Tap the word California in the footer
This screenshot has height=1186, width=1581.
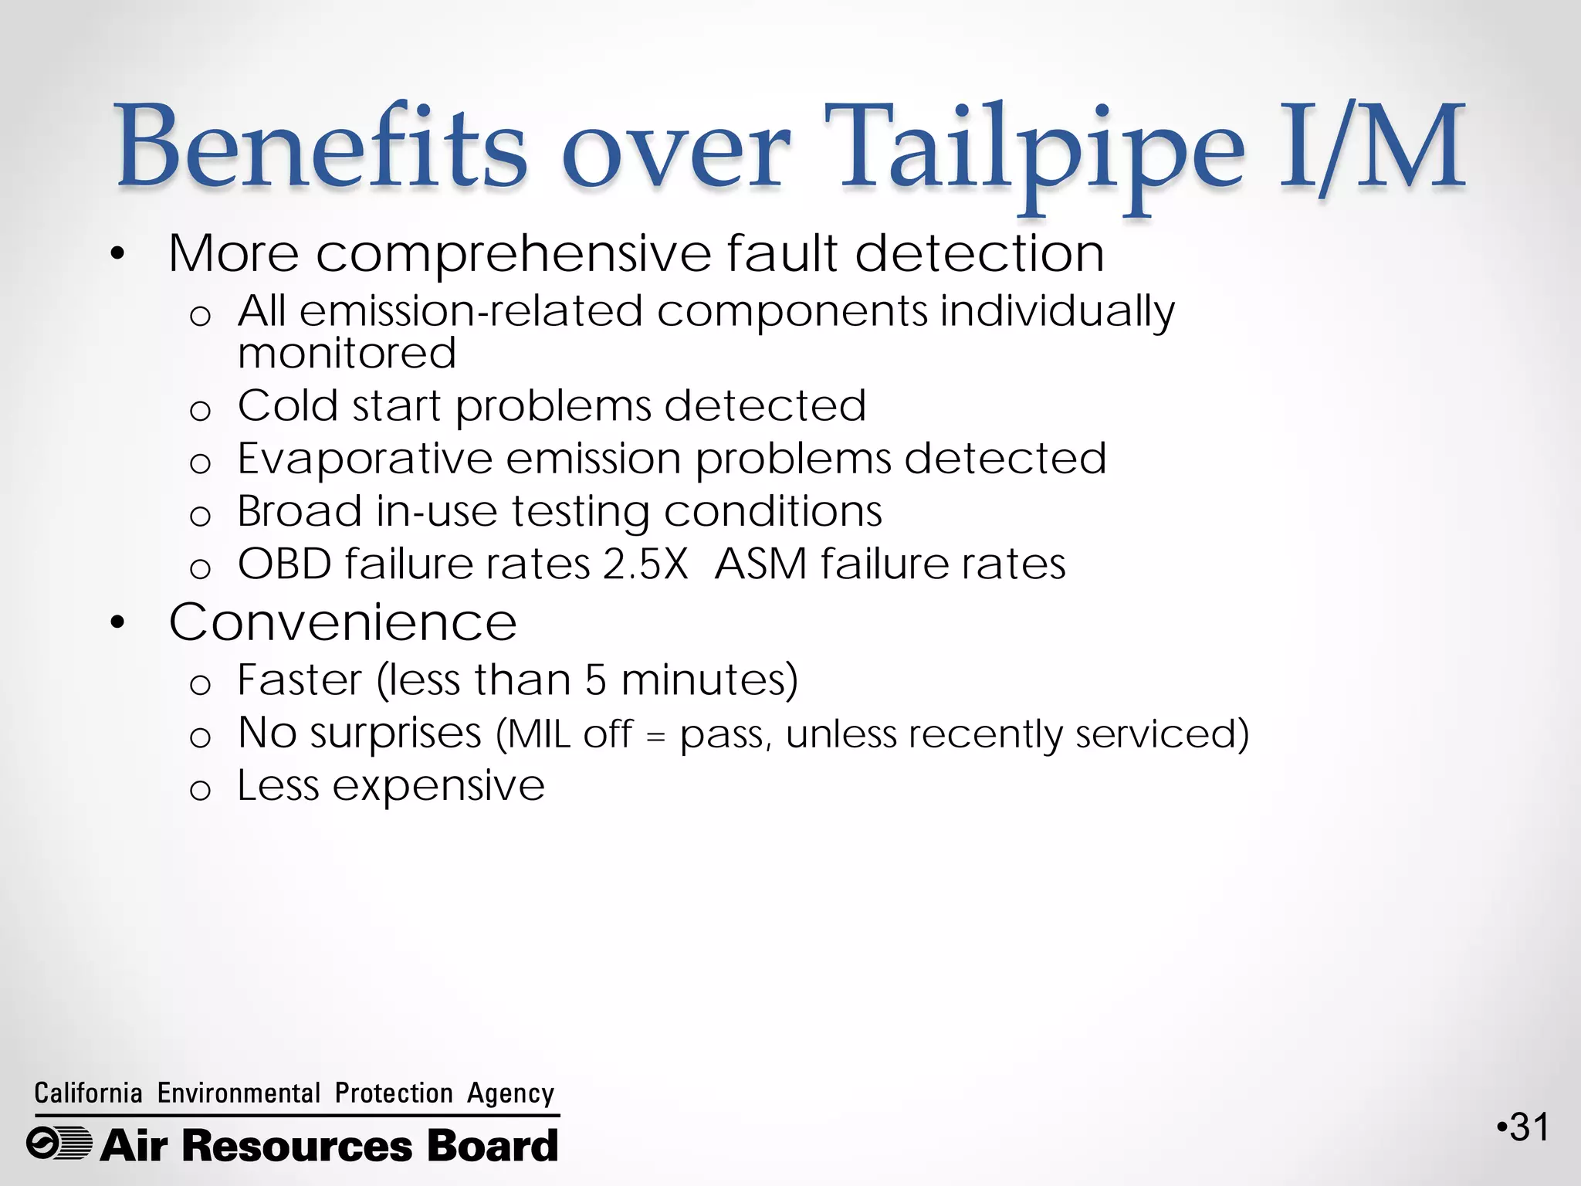(88, 1093)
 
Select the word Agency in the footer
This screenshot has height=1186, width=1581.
(510, 1093)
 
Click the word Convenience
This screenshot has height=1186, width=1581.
(343, 622)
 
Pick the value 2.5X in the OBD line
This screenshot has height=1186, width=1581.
(645, 564)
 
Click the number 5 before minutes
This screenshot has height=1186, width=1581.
(596, 680)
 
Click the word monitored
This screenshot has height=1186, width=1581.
(347, 354)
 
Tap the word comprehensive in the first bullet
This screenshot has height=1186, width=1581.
(513, 253)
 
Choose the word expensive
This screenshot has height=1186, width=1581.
(438, 786)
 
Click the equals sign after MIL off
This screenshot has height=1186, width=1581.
(655, 737)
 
